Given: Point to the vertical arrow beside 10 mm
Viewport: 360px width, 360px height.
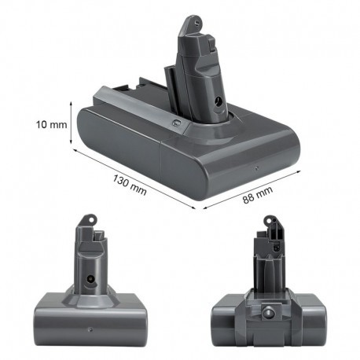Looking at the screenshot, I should click(71, 125).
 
